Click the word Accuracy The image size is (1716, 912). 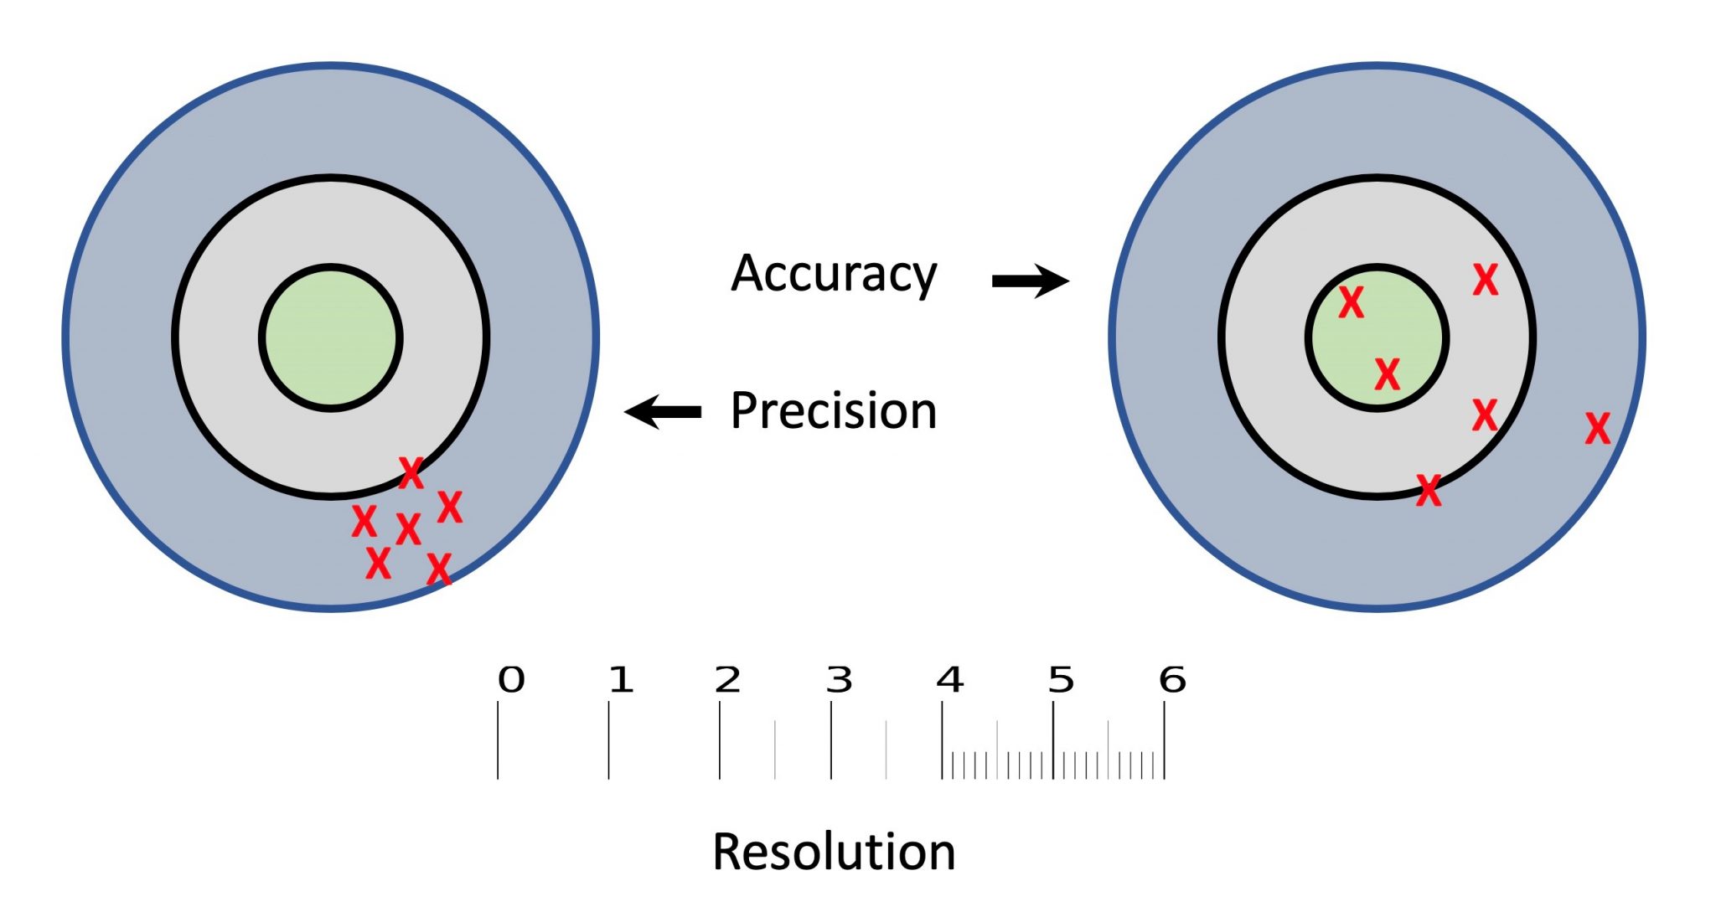(x=833, y=274)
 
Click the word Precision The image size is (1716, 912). (x=833, y=410)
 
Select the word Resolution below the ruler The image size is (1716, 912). (x=833, y=852)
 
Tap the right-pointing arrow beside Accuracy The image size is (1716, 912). (x=1031, y=281)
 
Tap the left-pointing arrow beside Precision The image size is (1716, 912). (x=664, y=411)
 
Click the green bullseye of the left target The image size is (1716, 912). (x=331, y=337)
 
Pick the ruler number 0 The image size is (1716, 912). (x=511, y=680)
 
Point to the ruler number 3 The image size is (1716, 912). (x=839, y=680)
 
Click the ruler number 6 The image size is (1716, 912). (x=1172, y=680)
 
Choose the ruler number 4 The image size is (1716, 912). (x=949, y=680)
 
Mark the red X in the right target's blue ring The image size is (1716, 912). (x=1597, y=428)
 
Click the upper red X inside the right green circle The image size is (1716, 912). (x=1351, y=302)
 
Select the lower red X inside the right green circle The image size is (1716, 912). (x=1387, y=374)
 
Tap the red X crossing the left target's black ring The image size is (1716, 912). (x=411, y=473)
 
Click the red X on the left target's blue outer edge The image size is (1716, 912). (x=439, y=569)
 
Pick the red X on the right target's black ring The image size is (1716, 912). (x=1429, y=490)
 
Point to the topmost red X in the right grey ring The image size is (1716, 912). (x=1485, y=280)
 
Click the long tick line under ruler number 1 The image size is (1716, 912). (x=608, y=740)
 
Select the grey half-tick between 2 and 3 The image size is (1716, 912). (x=775, y=750)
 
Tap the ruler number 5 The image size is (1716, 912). (x=1061, y=680)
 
